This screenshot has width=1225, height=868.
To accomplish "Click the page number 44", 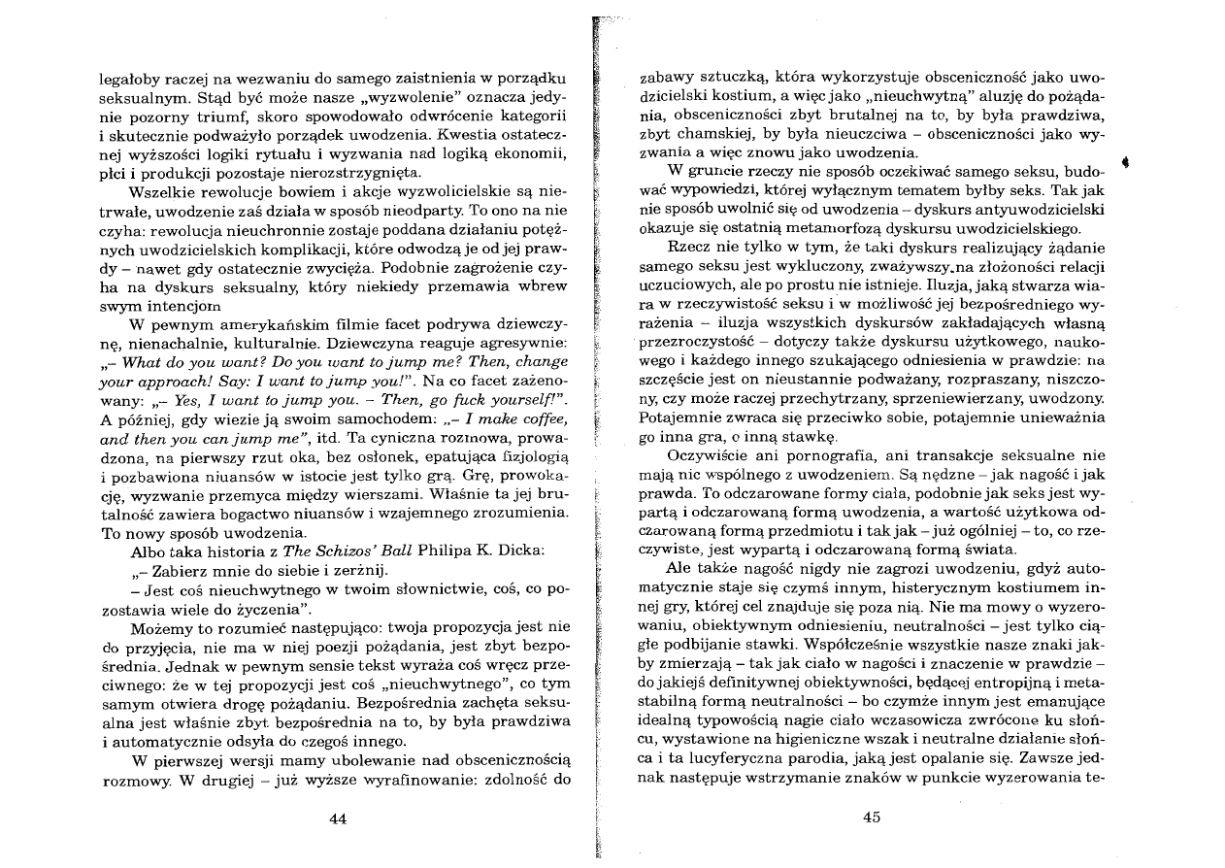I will [338, 818].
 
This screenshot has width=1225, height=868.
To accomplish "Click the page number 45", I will [871, 817].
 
